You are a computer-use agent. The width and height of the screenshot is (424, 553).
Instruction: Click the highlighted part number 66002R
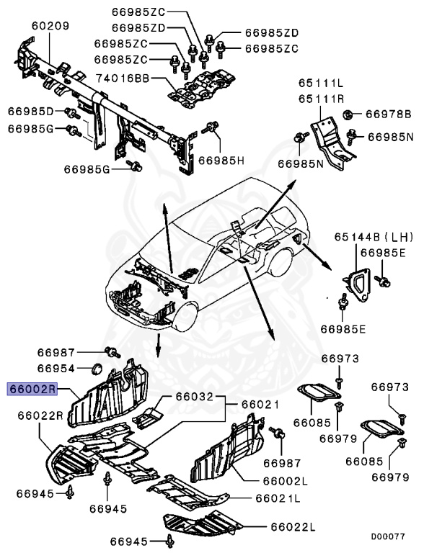(x=32, y=390)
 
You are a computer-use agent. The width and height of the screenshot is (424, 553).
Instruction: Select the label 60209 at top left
(x=50, y=27)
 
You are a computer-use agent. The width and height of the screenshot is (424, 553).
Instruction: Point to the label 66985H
(x=222, y=159)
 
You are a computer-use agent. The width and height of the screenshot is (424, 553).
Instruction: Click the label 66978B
(x=388, y=114)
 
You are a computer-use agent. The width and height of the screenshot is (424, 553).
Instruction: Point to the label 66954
(x=56, y=368)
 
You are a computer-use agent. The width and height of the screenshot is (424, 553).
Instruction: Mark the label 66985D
(x=31, y=112)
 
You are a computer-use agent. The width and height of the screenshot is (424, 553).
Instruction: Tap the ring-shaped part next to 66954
(x=94, y=371)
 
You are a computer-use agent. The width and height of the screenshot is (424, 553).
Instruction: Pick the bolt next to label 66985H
(x=212, y=128)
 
